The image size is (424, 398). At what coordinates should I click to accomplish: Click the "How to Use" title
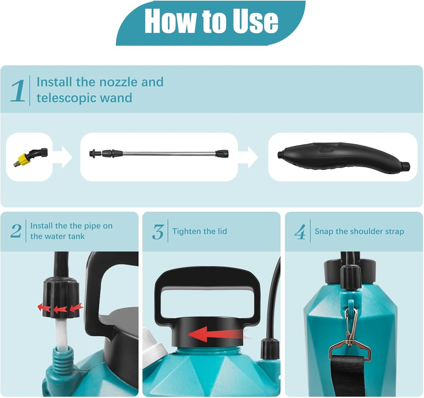211,21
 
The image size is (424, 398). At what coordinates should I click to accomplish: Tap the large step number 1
18,90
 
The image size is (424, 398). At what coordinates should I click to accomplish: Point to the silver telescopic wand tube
169,153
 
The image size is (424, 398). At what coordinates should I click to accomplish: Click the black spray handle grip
343,157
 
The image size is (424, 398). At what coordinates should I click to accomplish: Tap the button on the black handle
326,150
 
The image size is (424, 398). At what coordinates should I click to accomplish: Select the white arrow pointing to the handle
248,157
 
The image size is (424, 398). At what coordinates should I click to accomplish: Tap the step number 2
16,231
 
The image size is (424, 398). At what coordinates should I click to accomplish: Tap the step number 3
158,232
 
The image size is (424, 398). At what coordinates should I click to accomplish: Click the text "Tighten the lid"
200,231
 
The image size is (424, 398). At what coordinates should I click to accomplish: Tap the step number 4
300,232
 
